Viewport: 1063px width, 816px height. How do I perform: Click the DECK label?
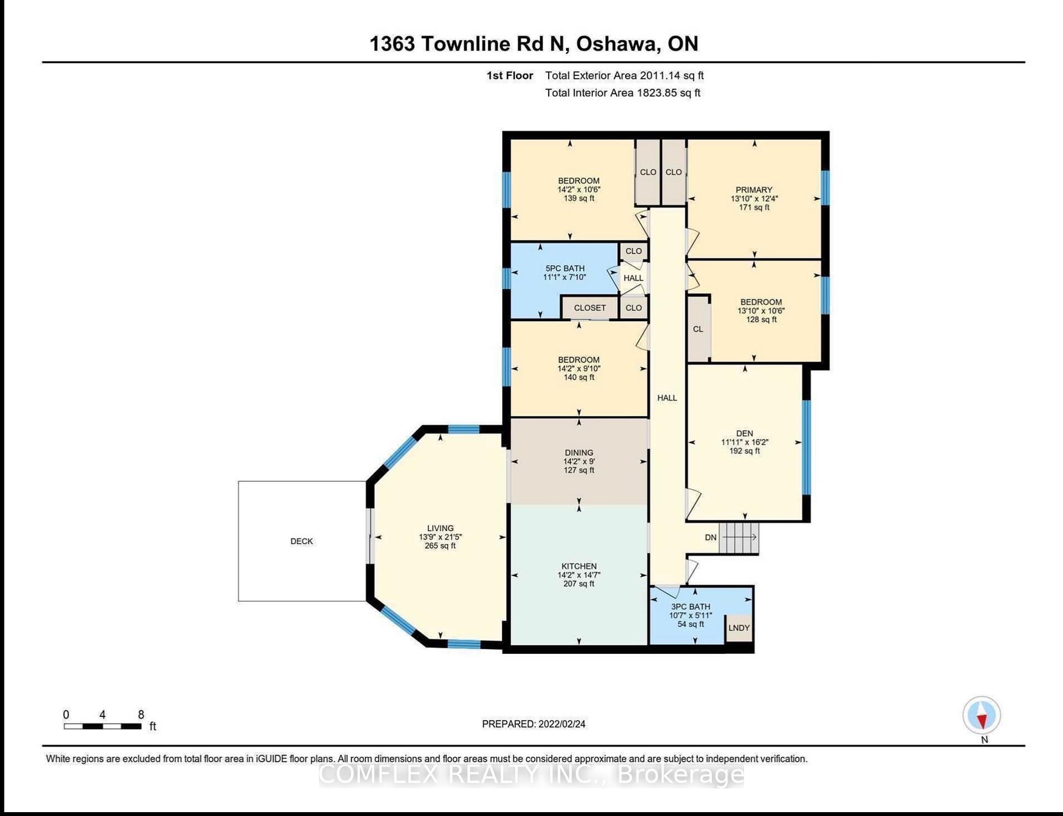click(x=302, y=541)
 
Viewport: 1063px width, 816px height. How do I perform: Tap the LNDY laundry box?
click(x=739, y=628)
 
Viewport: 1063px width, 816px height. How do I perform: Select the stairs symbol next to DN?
click(x=739, y=537)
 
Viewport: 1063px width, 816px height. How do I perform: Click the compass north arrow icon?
click(x=982, y=715)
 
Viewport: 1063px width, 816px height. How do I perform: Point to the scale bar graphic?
click(x=102, y=726)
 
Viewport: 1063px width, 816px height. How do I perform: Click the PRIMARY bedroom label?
click(x=754, y=190)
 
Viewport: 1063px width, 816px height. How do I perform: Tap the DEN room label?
click(x=745, y=433)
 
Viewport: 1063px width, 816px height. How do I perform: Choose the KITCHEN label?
click(x=579, y=566)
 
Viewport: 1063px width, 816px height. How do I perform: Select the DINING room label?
click(x=579, y=453)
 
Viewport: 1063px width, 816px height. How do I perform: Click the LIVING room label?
click(x=440, y=528)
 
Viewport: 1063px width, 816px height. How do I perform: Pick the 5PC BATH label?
click(x=565, y=268)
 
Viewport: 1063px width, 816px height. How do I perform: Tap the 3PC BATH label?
click(x=690, y=607)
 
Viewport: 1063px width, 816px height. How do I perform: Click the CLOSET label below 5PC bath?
click(x=590, y=308)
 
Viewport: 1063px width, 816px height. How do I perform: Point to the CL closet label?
click(x=698, y=329)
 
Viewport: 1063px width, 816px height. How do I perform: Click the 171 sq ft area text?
click(x=754, y=208)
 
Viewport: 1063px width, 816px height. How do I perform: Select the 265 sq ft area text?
click(x=440, y=546)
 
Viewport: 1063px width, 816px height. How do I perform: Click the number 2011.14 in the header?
click(x=659, y=75)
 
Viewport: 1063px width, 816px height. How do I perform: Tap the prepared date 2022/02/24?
click(x=562, y=724)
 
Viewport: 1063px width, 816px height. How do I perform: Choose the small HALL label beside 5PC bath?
click(x=633, y=278)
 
